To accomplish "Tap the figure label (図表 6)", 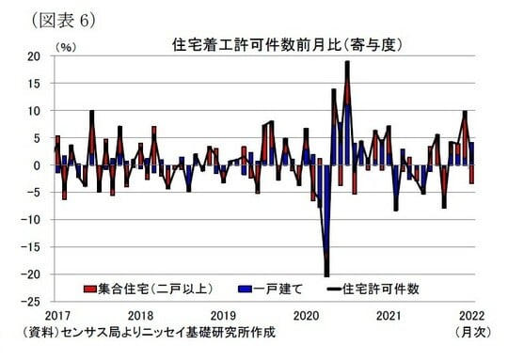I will point(64,19).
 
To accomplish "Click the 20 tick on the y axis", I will point(34,56).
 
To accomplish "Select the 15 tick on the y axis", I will point(34,84).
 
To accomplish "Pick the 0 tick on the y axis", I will point(38,165).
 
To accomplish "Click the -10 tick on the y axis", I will point(31,220).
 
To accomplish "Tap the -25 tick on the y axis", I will point(31,302).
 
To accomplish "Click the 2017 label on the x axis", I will point(58,316).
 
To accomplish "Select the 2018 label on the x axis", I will point(140,316).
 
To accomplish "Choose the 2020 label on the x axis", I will point(305,316).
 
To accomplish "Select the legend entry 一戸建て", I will point(266,290).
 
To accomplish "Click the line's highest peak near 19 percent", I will point(347,62).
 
